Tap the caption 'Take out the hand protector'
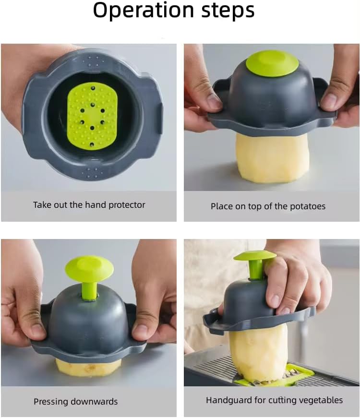[x=89, y=205]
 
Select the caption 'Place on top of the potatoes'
[x=268, y=206]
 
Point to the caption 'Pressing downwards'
[x=75, y=402]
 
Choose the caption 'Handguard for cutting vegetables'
[x=274, y=400]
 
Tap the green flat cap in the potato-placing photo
[x=272, y=63]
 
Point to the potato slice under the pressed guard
[x=88, y=367]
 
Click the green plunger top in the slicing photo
[x=255, y=256]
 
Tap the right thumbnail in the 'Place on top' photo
[x=330, y=101]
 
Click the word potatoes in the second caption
[x=307, y=206]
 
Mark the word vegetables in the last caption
[x=321, y=400]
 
